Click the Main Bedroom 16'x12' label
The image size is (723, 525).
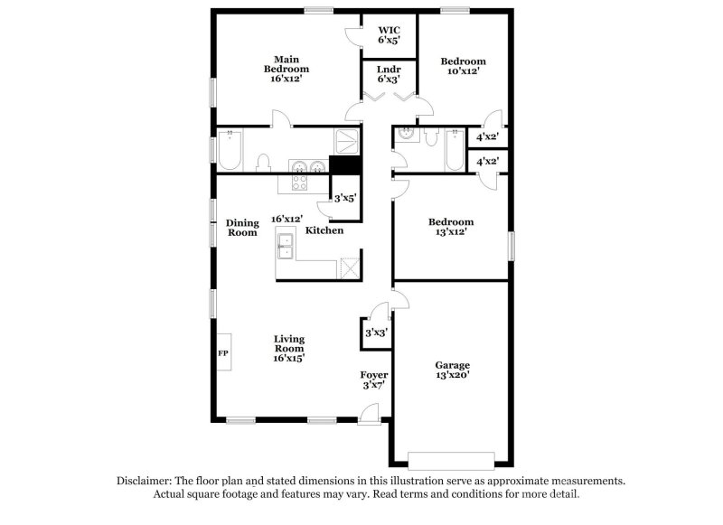click(286, 69)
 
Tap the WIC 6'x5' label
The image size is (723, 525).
click(389, 34)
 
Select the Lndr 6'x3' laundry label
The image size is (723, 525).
click(389, 73)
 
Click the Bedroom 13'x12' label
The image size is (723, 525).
click(450, 226)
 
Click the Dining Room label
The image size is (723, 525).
click(242, 228)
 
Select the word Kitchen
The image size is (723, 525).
click(324, 231)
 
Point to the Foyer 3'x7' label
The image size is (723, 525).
click(374, 380)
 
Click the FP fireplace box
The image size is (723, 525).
click(223, 353)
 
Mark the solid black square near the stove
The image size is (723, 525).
click(344, 165)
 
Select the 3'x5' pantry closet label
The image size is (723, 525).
click(345, 198)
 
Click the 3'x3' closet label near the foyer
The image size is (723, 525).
click(375, 333)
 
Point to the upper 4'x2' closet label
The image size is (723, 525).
click(488, 137)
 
